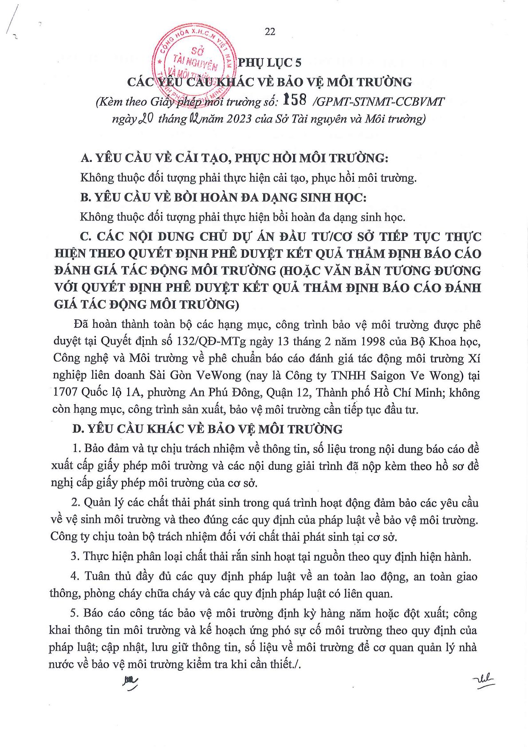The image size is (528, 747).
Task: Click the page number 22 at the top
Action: pyautogui.click(x=270, y=31)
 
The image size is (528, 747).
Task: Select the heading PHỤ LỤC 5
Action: pyautogui.click(x=269, y=63)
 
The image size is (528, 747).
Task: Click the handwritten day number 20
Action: pyautogui.click(x=146, y=118)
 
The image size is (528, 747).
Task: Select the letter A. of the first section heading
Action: pyautogui.click(x=87, y=158)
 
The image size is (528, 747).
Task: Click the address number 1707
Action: pyautogui.click(x=66, y=393)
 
